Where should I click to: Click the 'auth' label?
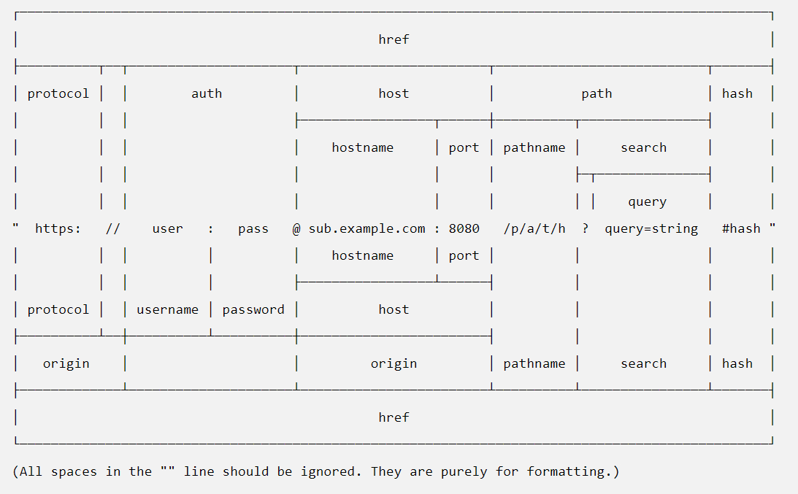pos(207,93)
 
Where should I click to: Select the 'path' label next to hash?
pos(596,94)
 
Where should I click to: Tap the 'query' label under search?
pos(647,202)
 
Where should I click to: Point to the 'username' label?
pos(167,310)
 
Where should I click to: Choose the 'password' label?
pos(253,310)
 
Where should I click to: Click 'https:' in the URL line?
pos(58,229)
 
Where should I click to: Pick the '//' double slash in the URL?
pos(113,229)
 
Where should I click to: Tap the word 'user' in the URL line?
pos(167,229)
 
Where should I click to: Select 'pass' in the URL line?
pos(253,229)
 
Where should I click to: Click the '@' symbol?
pos(296,229)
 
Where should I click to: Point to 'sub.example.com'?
pos(367,229)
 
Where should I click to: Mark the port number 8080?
pos(464,229)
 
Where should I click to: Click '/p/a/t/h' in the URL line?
pos(534,229)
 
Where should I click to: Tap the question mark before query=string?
pos(586,229)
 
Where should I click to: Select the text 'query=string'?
pos(651,229)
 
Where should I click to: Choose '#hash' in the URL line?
pos(741,229)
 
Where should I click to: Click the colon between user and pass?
pos(211,229)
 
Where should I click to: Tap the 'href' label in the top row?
pos(394,39)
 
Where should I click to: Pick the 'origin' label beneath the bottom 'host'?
pos(394,364)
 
